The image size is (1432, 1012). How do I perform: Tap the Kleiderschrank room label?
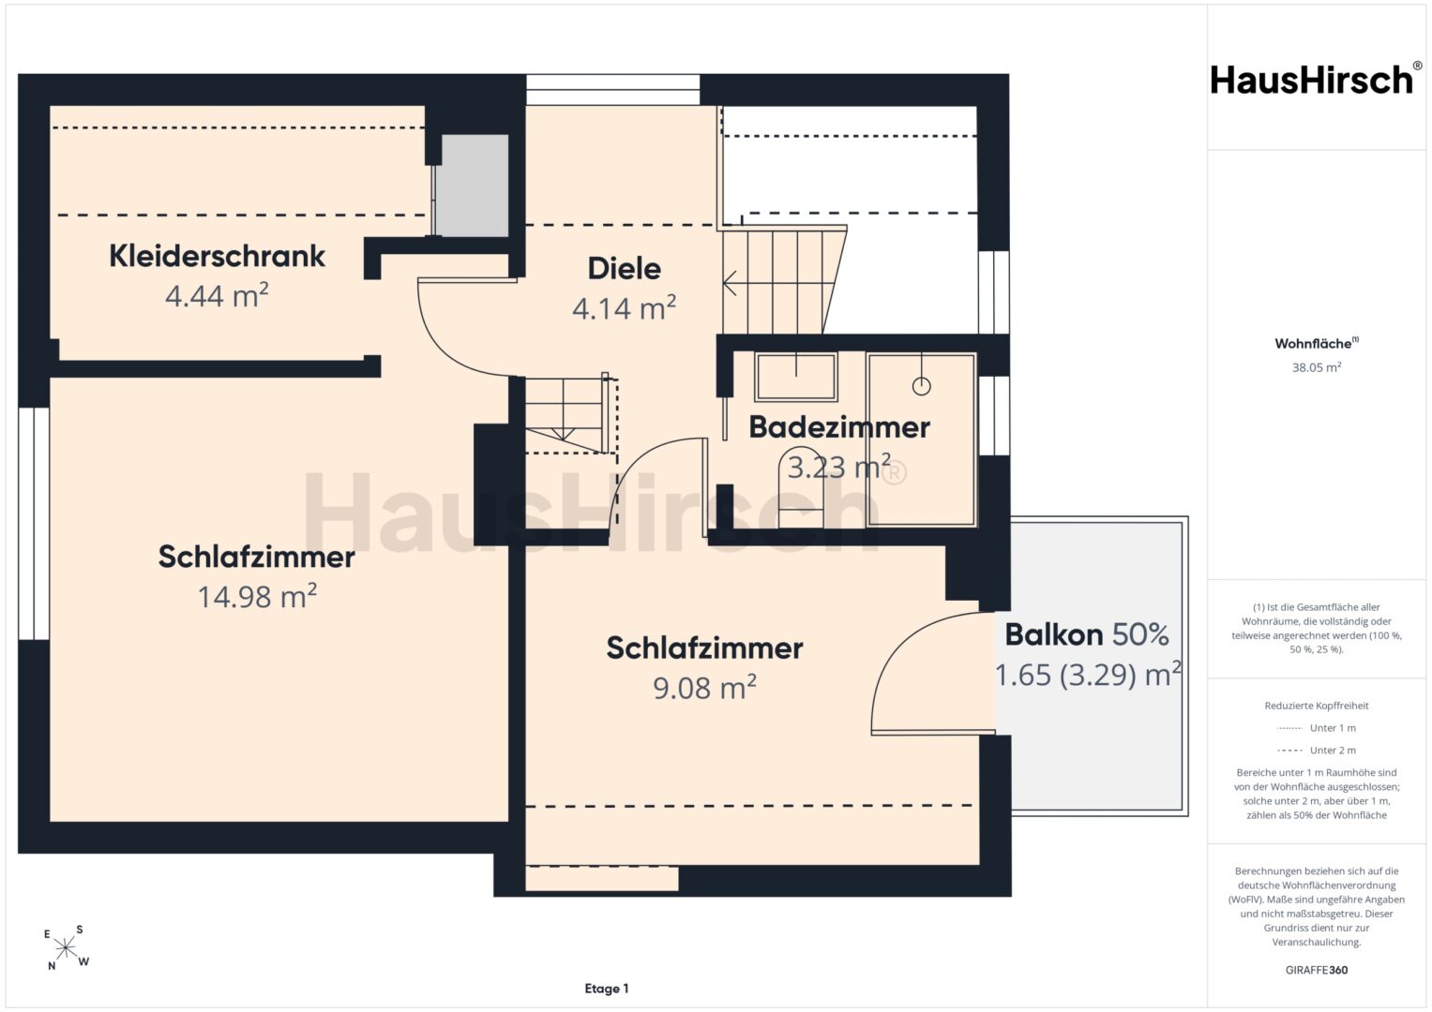[217, 256]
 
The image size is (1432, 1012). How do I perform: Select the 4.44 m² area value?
[217, 296]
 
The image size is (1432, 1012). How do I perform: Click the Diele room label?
[624, 269]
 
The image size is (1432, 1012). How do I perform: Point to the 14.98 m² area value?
[257, 596]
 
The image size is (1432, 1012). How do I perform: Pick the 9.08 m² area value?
[704, 688]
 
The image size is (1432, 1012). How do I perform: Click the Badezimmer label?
[839, 427]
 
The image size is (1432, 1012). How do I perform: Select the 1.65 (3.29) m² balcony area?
[1088, 675]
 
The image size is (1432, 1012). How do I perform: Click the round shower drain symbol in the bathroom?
[921, 386]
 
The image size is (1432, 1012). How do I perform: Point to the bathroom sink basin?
[796, 377]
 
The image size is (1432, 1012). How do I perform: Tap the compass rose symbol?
[66, 948]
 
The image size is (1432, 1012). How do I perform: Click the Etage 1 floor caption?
[607, 989]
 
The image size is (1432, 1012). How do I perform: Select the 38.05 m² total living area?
[1317, 367]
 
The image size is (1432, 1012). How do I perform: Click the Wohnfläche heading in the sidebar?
[1317, 343]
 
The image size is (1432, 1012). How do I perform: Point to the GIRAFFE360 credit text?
[1317, 970]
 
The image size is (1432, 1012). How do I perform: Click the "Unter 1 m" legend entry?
[1317, 728]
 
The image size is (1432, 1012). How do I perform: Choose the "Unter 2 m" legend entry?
[1317, 750]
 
